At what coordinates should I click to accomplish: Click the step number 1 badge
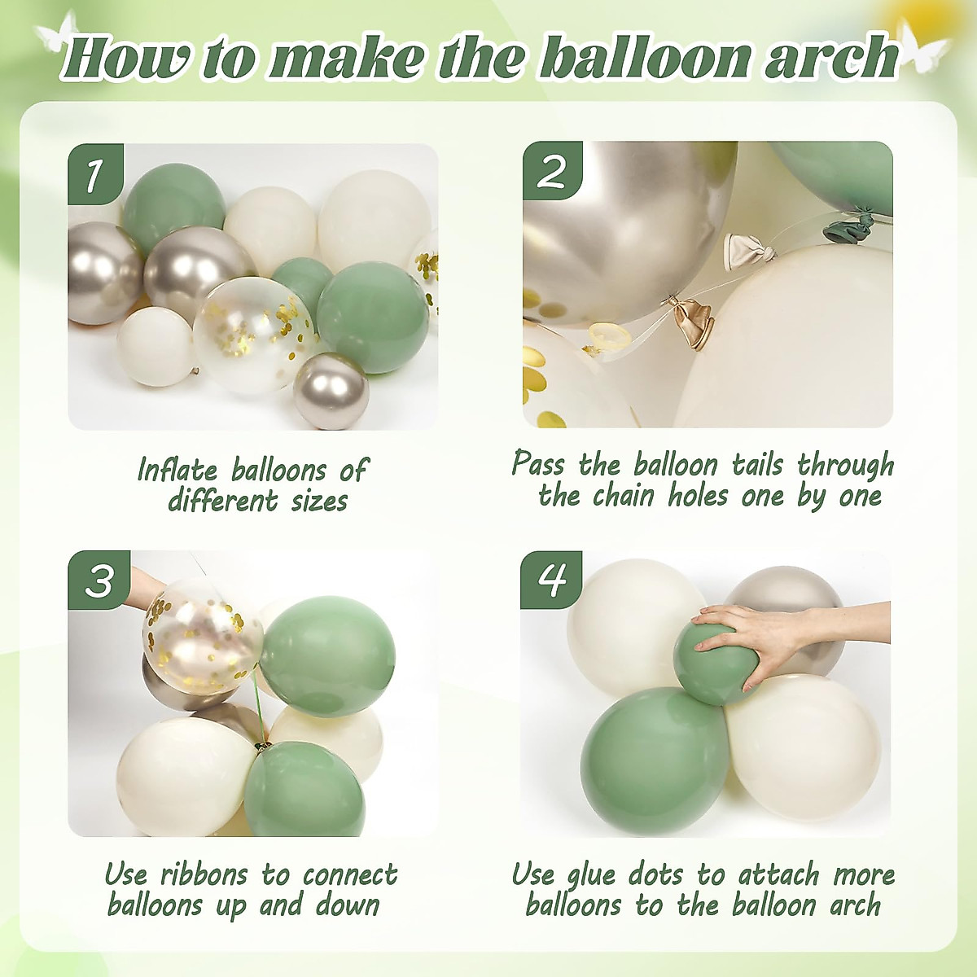point(95,173)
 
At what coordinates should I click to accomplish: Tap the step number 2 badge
point(552,171)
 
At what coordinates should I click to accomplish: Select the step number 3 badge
point(99,580)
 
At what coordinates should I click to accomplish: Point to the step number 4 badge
point(551,579)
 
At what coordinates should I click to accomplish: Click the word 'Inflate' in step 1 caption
point(177,471)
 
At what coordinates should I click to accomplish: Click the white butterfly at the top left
point(57,37)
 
